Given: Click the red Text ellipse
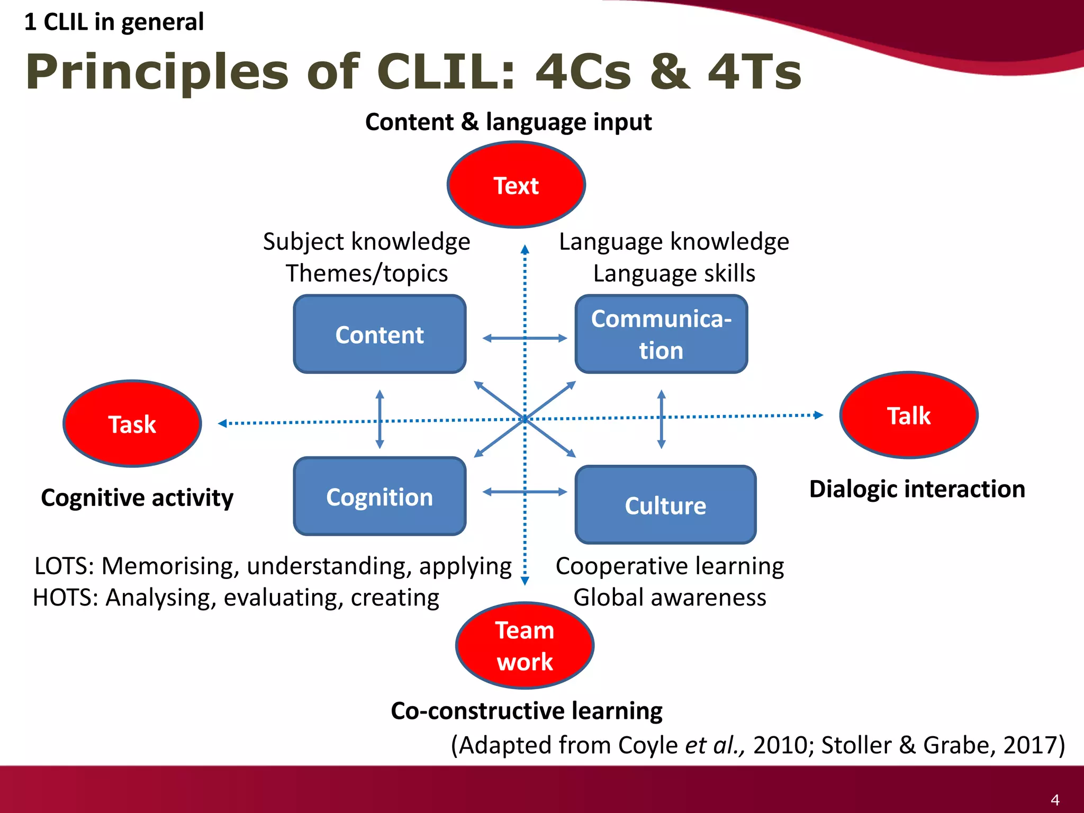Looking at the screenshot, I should pyautogui.click(x=516, y=185).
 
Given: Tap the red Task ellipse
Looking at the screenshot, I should pyautogui.click(x=132, y=423).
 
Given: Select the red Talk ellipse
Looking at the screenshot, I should pyautogui.click(x=909, y=415).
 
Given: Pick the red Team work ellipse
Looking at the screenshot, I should pyautogui.click(x=525, y=645).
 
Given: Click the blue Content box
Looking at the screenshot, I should pyautogui.click(x=380, y=335).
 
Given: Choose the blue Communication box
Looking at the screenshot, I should pyautogui.click(x=661, y=335).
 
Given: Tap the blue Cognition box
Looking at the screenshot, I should pyautogui.click(x=380, y=496).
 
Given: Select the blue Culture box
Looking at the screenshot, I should pyautogui.click(x=665, y=505).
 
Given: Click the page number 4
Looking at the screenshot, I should pyautogui.click(x=1054, y=800).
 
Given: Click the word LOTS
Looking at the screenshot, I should pyautogui.click(x=64, y=566).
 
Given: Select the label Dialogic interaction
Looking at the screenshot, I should pyautogui.click(x=917, y=489).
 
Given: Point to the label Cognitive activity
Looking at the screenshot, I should pyautogui.click(x=137, y=498).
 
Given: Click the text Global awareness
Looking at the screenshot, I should pyautogui.click(x=670, y=598).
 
